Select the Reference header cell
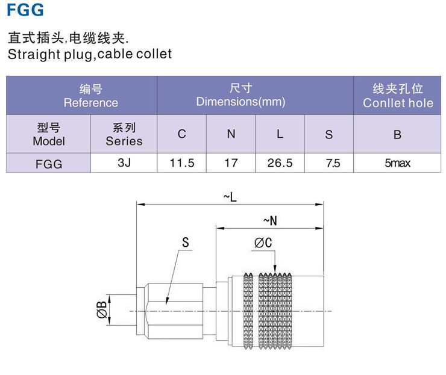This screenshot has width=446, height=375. (x=90, y=96)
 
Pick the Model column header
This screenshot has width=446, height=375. (x=49, y=134)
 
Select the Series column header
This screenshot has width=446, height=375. (x=124, y=134)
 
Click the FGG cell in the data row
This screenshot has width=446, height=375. (x=49, y=163)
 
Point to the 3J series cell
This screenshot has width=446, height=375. (x=124, y=163)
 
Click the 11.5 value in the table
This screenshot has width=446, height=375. (x=182, y=163)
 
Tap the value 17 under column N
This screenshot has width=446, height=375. (x=231, y=163)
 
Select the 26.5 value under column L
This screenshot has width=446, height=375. (x=280, y=163)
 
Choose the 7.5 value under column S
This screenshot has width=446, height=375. (x=328, y=163)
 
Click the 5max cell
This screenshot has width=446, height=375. (x=397, y=163)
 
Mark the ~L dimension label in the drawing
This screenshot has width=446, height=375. (x=230, y=197)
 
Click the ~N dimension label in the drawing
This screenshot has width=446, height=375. (x=271, y=220)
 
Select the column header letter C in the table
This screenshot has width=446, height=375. (x=182, y=134)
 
